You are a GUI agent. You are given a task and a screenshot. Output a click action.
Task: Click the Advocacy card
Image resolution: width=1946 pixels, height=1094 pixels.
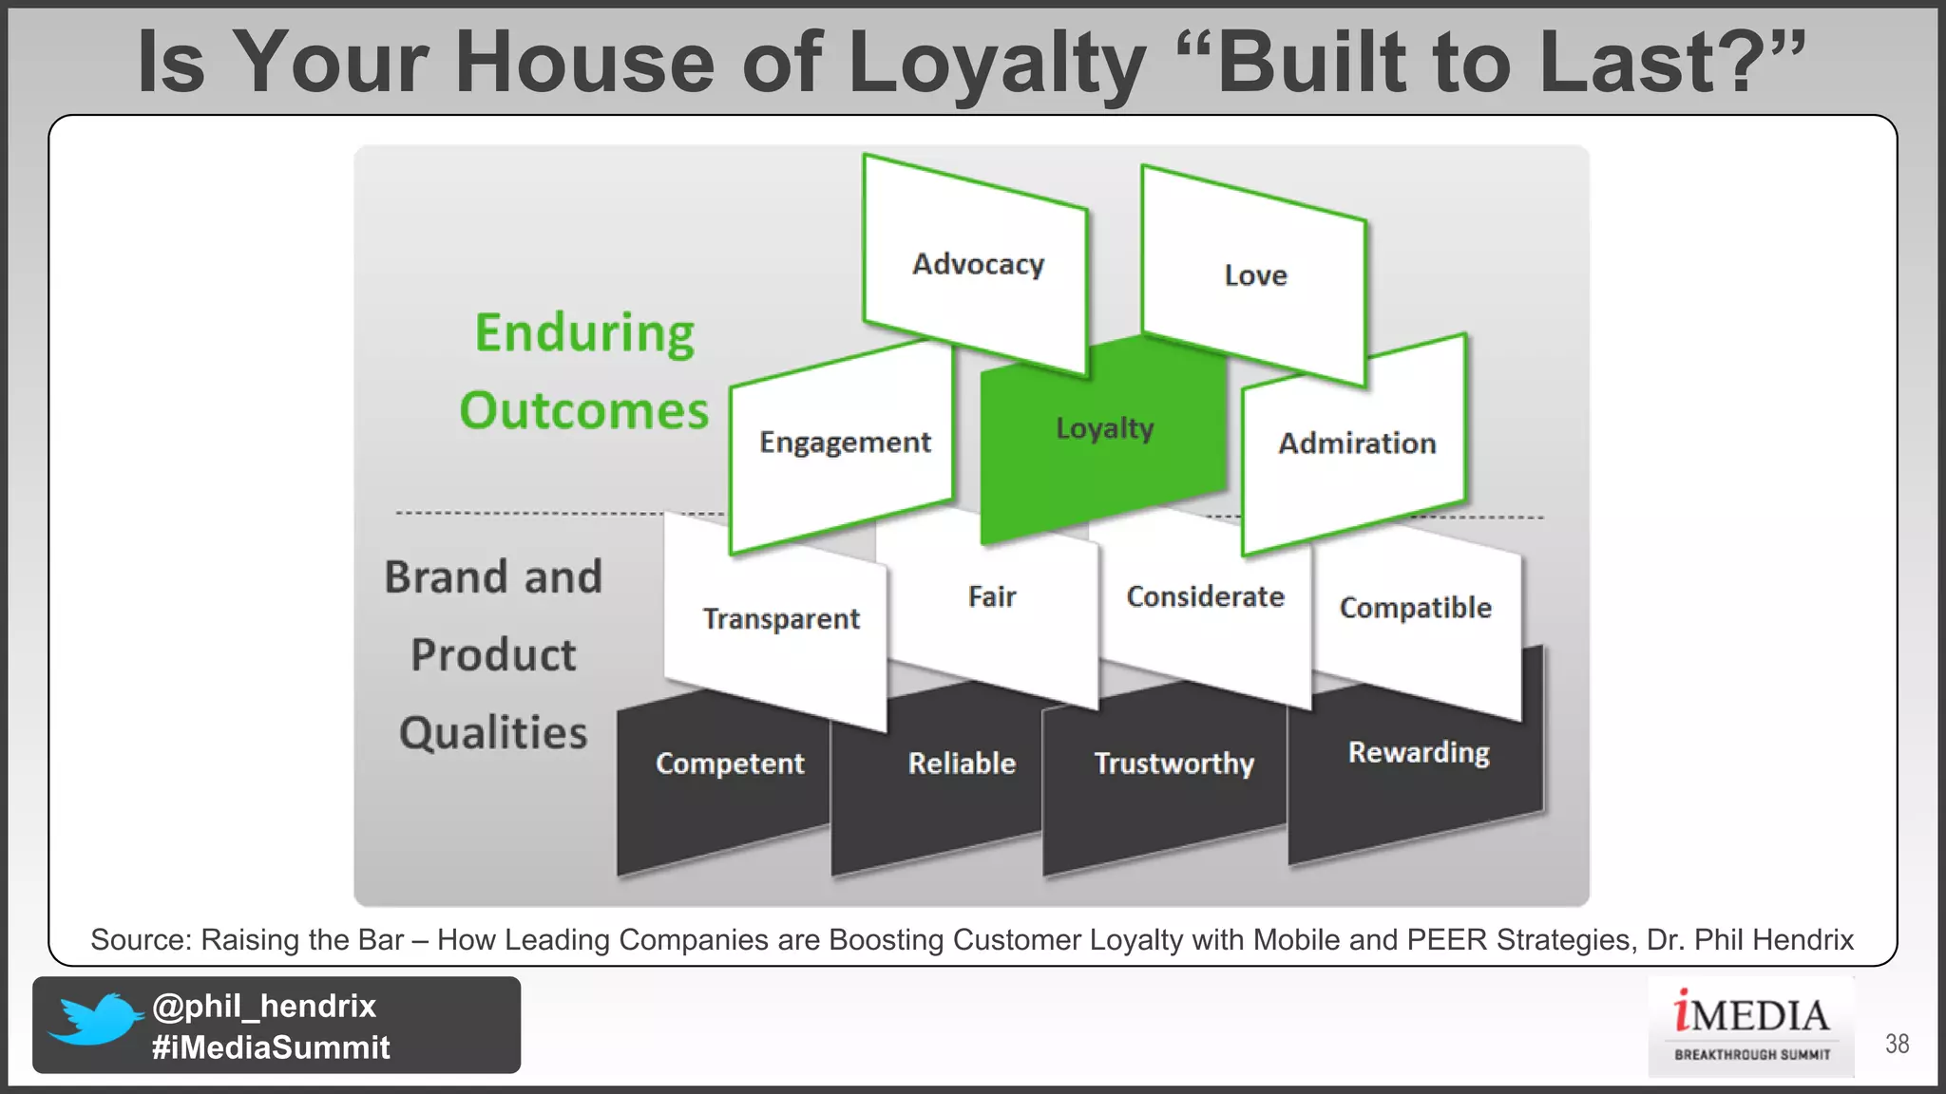click(x=977, y=264)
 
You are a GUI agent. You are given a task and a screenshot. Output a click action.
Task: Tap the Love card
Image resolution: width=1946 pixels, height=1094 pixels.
click(x=1254, y=275)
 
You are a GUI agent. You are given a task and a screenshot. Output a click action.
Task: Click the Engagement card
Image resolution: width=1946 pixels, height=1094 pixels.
click(x=844, y=443)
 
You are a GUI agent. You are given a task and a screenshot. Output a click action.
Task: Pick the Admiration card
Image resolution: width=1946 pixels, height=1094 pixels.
click(x=1356, y=443)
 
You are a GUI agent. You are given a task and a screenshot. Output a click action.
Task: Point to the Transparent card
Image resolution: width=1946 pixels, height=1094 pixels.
click(x=780, y=619)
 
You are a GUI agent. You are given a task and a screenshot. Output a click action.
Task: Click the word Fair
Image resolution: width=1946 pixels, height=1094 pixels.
click(x=991, y=596)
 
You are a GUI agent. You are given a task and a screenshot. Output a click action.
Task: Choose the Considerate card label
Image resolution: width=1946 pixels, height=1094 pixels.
click(x=1205, y=596)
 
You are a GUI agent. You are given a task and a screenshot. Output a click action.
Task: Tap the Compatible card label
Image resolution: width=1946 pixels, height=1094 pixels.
click(x=1415, y=608)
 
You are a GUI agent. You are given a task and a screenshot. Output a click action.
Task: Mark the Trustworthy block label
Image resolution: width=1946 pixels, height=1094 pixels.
click(x=1173, y=764)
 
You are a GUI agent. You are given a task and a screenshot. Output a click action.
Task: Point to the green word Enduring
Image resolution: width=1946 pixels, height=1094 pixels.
click(x=584, y=334)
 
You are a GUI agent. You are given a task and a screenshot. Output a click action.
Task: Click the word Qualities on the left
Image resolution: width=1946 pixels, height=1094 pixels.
click(x=493, y=733)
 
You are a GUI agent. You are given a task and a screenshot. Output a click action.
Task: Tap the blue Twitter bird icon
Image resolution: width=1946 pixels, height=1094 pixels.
click(x=95, y=1020)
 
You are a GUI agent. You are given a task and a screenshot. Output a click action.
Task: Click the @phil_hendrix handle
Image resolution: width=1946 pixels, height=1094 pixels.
click(x=264, y=1006)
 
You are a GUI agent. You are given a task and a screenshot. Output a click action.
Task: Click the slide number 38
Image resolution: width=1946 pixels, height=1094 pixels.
click(x=1897, y=1044)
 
